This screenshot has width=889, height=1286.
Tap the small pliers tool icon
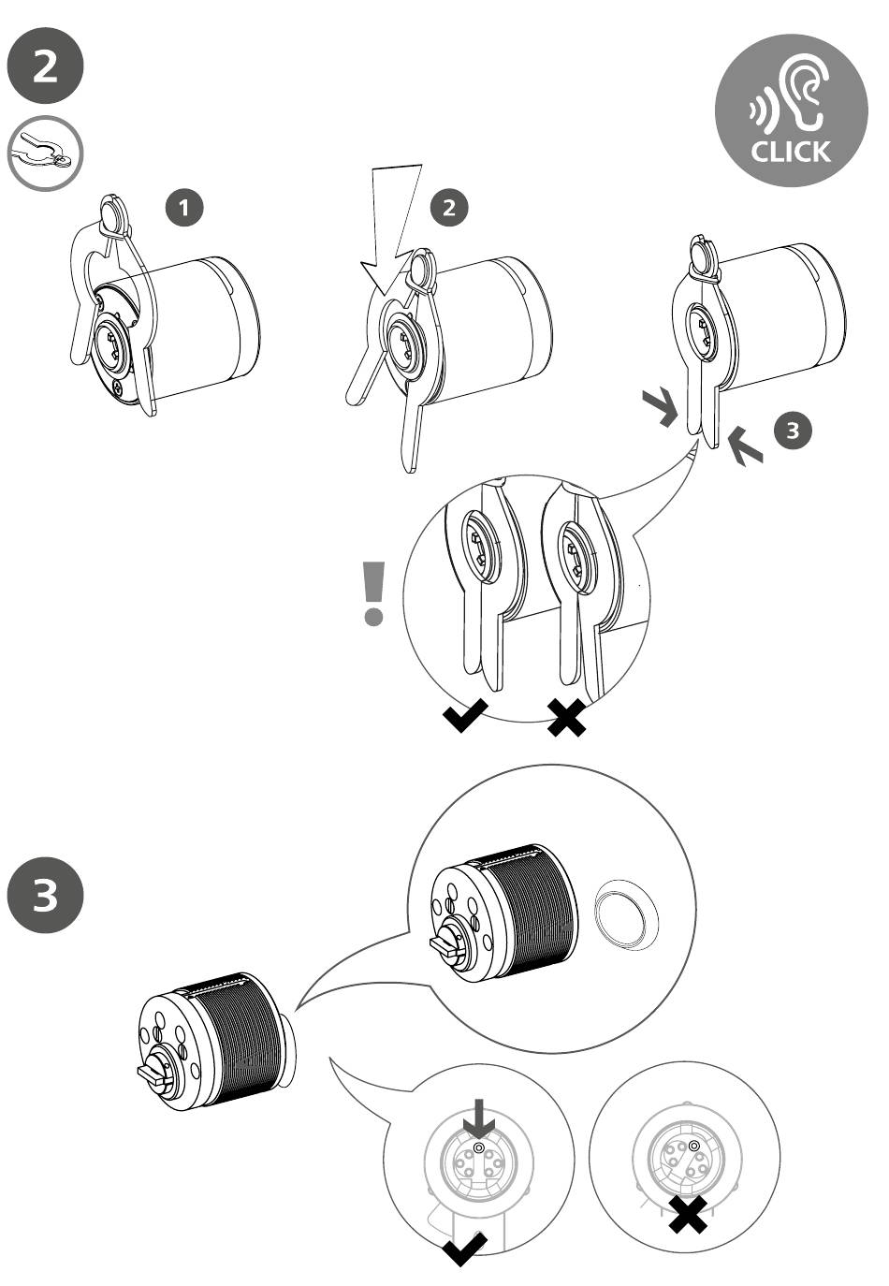[x=45, y=153]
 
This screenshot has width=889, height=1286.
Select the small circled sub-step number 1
[x=188, y=208]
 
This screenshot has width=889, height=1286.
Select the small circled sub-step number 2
[x=450, y=208]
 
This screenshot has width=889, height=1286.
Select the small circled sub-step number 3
[x=793, y=431]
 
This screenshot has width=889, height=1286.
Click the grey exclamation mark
[x=374, y=592]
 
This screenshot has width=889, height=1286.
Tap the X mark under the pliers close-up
[x=567, y=718]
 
